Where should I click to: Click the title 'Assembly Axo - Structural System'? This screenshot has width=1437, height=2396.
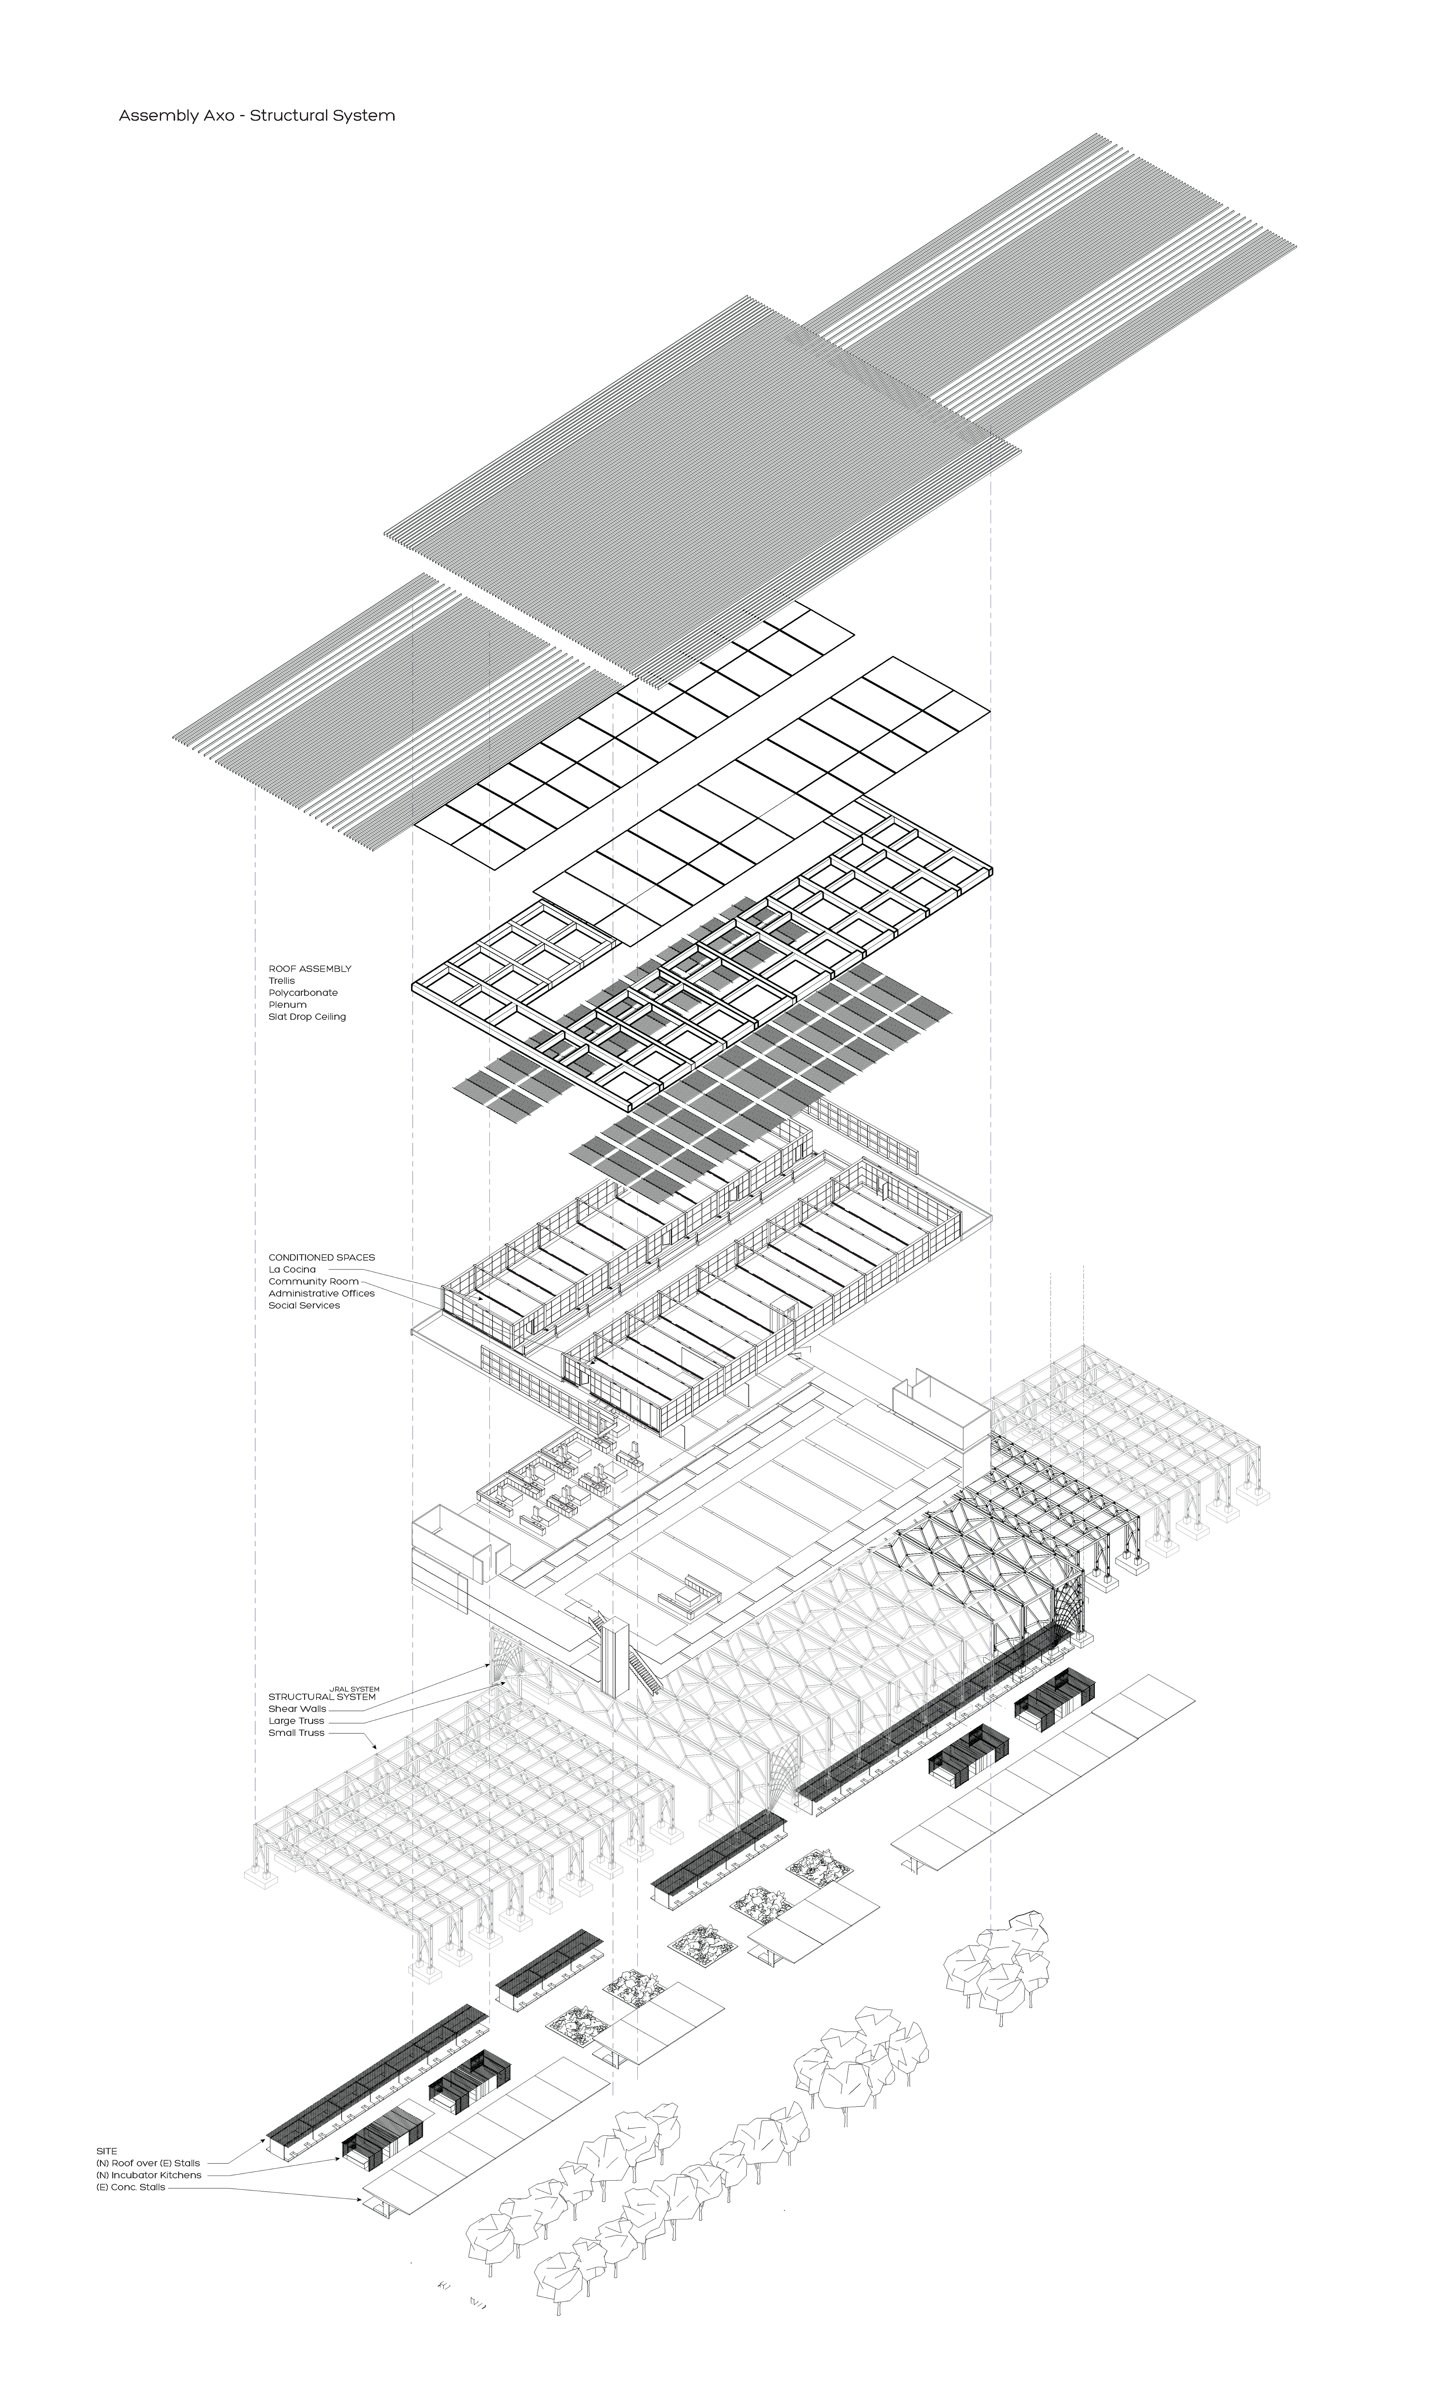tap(257, 115)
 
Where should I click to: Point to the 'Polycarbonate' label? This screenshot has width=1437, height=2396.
tap(303, 993)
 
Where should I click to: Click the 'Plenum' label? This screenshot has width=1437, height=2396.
tap(288, 1004)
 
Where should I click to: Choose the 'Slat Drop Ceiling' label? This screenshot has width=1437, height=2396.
tap(307, 1017)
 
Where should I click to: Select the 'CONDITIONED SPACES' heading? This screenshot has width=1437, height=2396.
tap(321, 1257)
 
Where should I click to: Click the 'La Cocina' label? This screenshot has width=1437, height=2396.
tap(292, 1270)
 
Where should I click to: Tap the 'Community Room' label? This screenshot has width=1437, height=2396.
tap(313, 1281)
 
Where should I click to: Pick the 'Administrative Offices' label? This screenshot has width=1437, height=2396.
tap(321, 1293)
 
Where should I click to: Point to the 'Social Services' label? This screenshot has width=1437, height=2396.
tap(304, 1305)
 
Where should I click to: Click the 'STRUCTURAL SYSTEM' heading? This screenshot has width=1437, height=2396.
tap(321, 1697)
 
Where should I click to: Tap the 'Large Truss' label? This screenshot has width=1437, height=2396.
tap(296, 1721)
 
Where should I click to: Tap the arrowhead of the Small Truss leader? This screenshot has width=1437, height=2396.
tap(376, 1748)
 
